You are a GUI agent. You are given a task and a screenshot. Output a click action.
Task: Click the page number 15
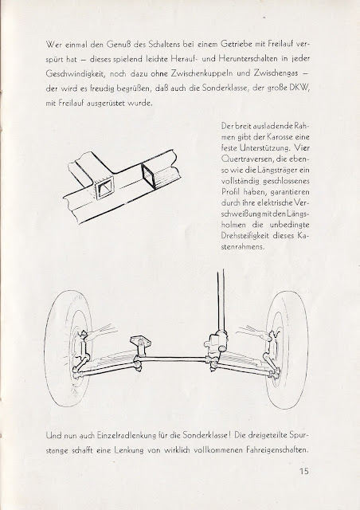pos(303,471)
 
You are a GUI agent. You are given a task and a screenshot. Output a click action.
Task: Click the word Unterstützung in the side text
pos(264,148)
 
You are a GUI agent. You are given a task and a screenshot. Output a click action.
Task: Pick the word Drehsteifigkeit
pos(245,236)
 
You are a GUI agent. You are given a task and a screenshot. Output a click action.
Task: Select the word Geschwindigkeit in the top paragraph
pos(75,74)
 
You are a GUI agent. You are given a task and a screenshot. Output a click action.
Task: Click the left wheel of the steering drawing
pos(69,349)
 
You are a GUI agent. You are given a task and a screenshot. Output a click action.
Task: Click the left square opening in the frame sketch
pos(104,189)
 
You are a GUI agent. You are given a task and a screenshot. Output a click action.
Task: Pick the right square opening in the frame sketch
pos(149,175)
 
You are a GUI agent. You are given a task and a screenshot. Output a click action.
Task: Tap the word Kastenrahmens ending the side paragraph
pos(242,246)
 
